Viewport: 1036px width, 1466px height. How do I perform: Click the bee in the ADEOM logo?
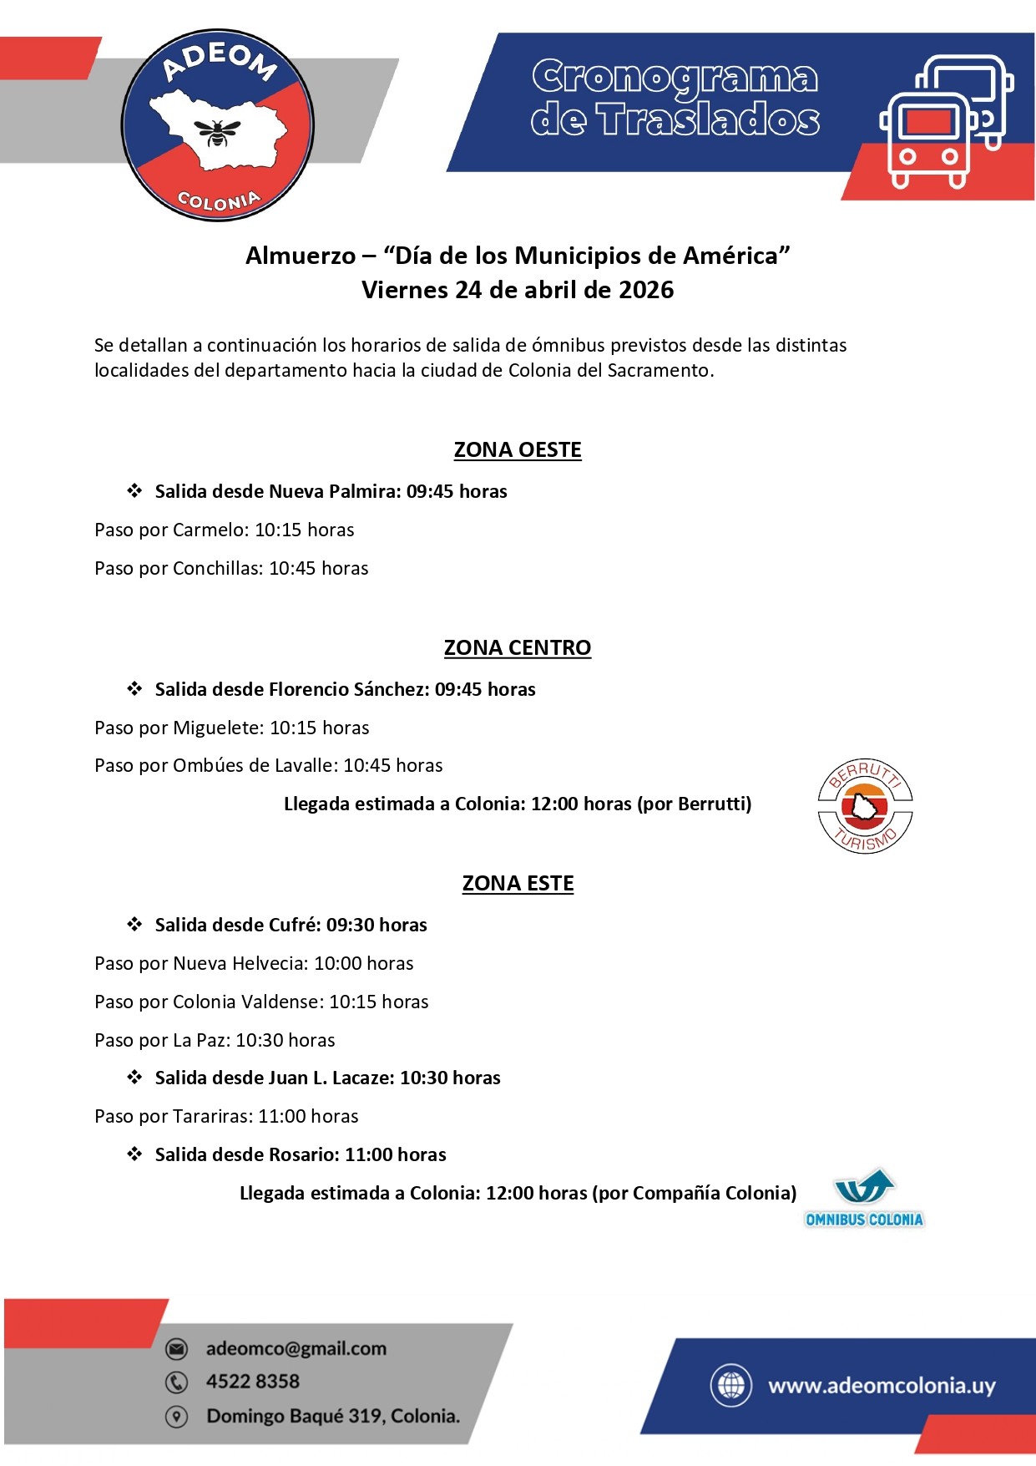tap(217, 132)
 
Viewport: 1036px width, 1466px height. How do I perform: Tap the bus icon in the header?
tap(945, 122)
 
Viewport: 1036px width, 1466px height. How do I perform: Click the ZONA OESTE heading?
tap(518, 450)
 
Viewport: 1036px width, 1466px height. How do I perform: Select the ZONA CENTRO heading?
tap(518, 648)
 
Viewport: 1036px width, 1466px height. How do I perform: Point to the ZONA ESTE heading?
tap(518, 884)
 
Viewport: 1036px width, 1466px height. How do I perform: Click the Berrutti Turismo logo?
tap(865, 807)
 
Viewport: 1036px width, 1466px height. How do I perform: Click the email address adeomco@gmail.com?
tap(296, 1349)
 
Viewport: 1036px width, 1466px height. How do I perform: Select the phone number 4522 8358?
tap(253, 1382)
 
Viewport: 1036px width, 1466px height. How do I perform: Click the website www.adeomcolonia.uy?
tap(882, 1386)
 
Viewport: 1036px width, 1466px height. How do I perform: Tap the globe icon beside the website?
tap(731, 1385)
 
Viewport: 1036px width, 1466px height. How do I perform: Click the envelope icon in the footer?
tap(176, 1349)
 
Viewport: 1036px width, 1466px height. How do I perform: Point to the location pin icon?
tap(176, 1417)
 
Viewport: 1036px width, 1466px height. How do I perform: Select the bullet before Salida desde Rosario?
tap(134, 1154)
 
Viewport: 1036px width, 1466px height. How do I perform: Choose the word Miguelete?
tap(218, 728)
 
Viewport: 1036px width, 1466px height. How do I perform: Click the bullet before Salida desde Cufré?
tap(134, 925)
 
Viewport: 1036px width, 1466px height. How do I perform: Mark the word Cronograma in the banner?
tap(675, 79)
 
